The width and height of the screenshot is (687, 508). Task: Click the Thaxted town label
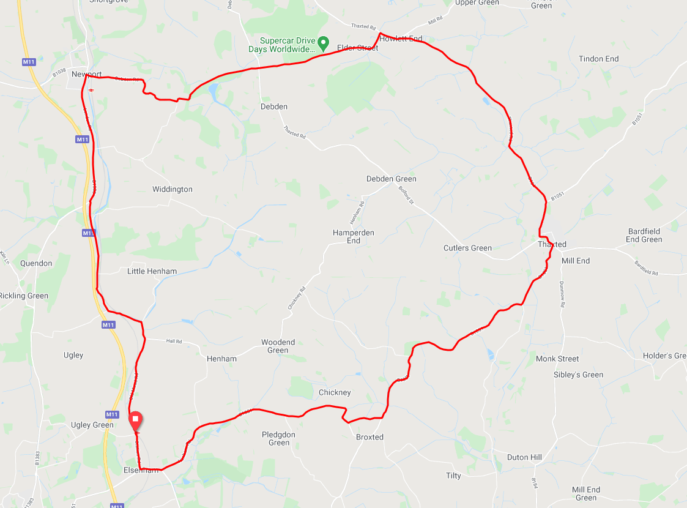tap(552, 244)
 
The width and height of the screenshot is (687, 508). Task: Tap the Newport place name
tap(86, 74)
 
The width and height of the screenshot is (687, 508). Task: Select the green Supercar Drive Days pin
tap(324, 43)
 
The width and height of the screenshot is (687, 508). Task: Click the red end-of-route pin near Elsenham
tap(135, 420)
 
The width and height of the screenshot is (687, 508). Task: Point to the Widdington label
tap(172, 189)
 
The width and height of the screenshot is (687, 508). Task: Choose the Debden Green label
tap(391, 179)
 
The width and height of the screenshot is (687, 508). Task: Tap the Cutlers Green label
tap(467, 248)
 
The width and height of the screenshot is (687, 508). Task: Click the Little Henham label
tap(152, 271)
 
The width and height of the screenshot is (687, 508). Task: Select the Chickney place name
tap(335, 392)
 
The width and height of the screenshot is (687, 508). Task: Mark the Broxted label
tap(369, 437)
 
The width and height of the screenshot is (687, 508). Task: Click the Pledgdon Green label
tap(278, 438)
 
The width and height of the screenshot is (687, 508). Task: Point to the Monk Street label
tap(557, 359)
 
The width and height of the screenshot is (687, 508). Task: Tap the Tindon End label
tap(598, 59)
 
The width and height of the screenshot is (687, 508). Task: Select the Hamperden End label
tap(353, 237)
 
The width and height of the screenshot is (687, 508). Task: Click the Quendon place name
tap(36, 263)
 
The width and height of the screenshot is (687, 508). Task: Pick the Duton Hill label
tap(524, 457)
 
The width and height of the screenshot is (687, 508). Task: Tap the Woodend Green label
tap(278, 346)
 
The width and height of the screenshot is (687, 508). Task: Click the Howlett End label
tap(401, 39)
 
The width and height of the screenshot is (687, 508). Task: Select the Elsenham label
tap(140, 470)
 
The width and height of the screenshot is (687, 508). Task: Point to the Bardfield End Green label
tap(644, 235)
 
